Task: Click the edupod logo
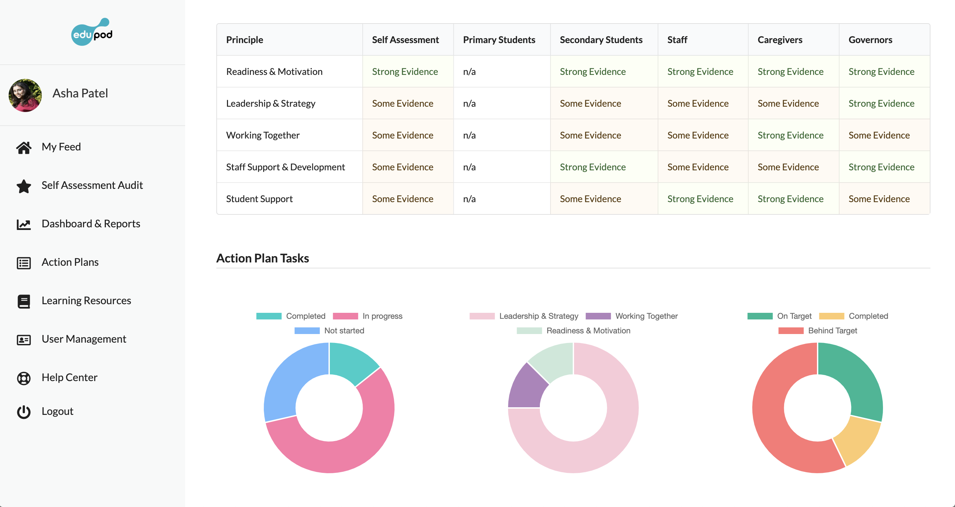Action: point(92,32)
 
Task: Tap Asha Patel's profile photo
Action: point(25,95)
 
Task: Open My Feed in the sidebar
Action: point(61,147)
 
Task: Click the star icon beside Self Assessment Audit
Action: point(24,186)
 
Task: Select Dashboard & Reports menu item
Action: point(91,224)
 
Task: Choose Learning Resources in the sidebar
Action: point(86,301)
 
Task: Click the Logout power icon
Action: point(24,412)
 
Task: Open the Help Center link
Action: point(69,377)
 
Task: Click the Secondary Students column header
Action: point(601,40)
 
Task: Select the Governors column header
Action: point(870,40)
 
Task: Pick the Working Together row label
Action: point(263,136)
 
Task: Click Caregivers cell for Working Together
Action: point(790,136)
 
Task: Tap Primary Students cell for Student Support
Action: point(469,199)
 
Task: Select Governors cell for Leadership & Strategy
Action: point(881,104)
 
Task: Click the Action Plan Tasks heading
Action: point(262,258)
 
